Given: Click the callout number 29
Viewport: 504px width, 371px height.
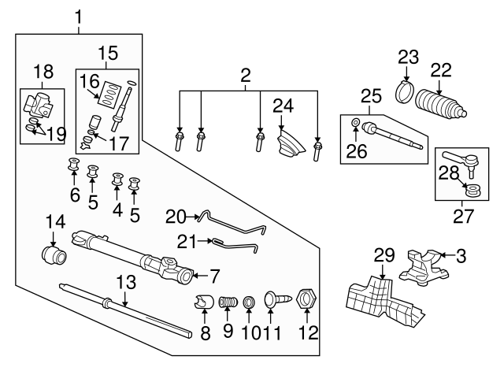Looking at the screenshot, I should point(383,254).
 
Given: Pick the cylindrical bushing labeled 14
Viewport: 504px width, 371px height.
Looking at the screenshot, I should point(54,256).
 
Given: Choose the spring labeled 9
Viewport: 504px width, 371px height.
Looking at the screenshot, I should point(228,302).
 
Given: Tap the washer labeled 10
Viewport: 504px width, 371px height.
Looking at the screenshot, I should point(248,302).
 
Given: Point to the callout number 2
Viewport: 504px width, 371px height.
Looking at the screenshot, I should point(246,76).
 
